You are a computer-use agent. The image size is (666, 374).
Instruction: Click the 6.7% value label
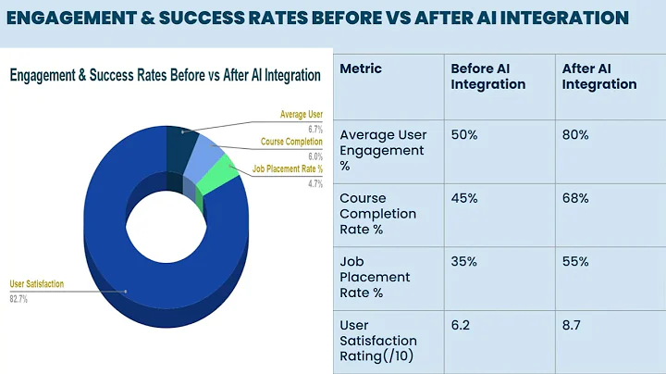[314, 130]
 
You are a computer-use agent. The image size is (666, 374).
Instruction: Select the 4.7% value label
[314, 184]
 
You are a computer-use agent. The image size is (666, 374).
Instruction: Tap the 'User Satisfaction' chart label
[36, 284]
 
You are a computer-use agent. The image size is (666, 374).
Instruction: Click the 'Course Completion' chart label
[291, 143]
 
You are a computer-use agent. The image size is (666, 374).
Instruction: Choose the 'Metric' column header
[361, 69]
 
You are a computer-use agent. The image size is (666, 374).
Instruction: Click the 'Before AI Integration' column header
[487, 76]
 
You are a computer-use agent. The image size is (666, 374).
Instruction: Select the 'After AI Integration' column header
[599, 76]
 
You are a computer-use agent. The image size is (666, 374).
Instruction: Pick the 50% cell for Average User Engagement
[464, 134]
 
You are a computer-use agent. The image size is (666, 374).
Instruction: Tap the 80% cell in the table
[575, 134]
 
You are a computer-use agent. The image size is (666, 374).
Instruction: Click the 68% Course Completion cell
[575, 197]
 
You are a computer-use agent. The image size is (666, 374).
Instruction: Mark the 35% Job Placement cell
[464, 261]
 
